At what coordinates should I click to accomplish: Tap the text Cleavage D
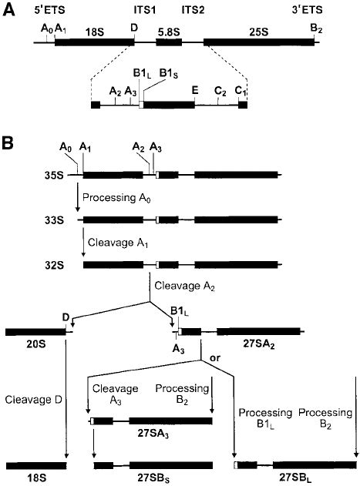click(31, 400)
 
